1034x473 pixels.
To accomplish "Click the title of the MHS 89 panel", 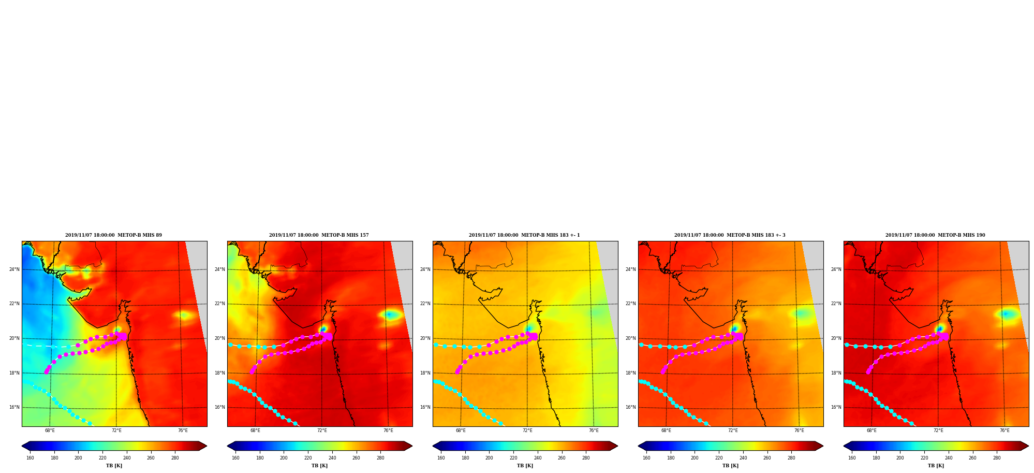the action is [x=113, y=235].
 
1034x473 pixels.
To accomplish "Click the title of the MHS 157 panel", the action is [x=319, y=235].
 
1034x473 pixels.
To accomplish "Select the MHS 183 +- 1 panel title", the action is [x=524, y=235].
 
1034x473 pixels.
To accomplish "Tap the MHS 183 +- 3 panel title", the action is [x=730, y=235].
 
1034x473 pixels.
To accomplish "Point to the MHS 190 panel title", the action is [x=935, y=235].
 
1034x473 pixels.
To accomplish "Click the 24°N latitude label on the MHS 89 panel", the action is [x=14, y=269].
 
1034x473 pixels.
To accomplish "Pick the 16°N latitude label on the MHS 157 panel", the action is [x=220, y=407].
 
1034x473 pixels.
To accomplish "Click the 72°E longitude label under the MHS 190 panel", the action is [x=938, y=431].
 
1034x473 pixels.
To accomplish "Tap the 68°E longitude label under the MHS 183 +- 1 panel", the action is [x=461, y=431].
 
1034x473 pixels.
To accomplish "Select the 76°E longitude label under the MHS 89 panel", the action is [x=183, y=431].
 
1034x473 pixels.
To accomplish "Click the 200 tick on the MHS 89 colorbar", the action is [x=78, y=457].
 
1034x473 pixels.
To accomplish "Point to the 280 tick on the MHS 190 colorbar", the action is [x=997, y=457].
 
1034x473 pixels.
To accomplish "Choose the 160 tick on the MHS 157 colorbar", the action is [x=235, y=457].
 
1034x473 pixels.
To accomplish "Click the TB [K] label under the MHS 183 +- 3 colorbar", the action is [x=730, y=466].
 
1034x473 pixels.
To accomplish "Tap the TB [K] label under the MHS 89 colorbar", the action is [x=114, y=466].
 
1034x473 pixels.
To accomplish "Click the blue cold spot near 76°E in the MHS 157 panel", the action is [x=391, y=314].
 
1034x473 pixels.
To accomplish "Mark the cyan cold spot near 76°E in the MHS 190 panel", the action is [x=1007, y=313].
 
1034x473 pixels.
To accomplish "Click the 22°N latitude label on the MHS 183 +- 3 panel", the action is [x=631, y=304].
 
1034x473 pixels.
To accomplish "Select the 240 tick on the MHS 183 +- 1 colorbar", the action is [x=537, y=457].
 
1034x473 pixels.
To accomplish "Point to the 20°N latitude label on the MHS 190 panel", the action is [x=836, y=338].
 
